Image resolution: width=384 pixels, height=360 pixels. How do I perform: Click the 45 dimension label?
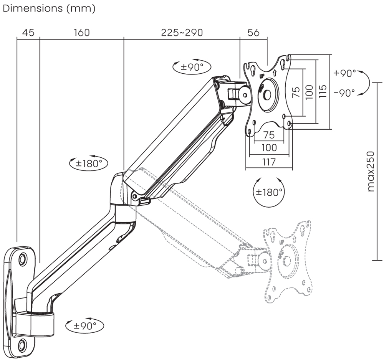pyautogui.click(x=28, y=33)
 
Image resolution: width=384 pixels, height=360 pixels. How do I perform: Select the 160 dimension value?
pyautogui.click(x=81, y=33)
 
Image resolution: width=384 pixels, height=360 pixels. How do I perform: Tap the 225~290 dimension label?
pyautogui.click(x=182, y=33)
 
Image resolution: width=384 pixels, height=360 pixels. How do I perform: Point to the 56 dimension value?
pyautogui.click(x=253, y=33)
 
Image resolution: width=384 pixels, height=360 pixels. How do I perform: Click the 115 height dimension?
pyautogui.click(x=323, y=91)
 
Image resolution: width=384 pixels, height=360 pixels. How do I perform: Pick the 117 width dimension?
pyautogui.click(x=268, y=162)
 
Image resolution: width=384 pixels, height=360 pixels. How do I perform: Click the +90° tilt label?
pyautogui.click(x=344, y=73)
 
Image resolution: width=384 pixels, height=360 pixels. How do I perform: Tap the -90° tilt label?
pyautogui.click(x=344, y=93)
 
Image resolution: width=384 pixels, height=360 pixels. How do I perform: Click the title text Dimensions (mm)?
pyautogui.click(x=49, y=9)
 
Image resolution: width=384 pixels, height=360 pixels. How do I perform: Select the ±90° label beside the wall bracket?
pyautogui.click(x=84, y=326)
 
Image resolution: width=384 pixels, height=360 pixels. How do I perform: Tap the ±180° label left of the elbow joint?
pyautogui.click(x=89, y=163)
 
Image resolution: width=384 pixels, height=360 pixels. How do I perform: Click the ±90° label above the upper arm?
pyautogui.click(x=192, y=67)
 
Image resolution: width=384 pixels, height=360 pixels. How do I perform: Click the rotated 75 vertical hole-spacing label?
pyautogui.click(x=296, y=92)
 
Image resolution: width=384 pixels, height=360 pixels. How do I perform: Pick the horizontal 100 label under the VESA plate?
pyautogui.click(x=269, y=147)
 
